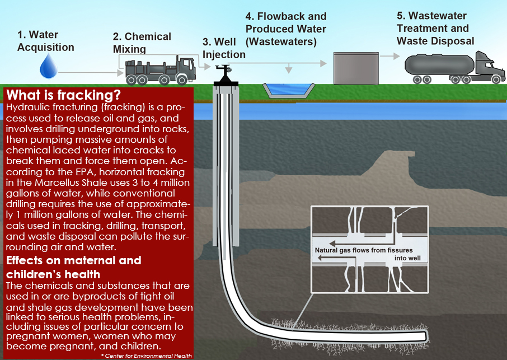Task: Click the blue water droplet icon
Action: click(x=49, y=66)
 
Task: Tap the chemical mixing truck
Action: click(x=161, y=70)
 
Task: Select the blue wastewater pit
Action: click(x=288, y=90)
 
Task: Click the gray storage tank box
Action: click(x=356, y=68)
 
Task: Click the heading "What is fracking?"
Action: click(x=63, y=95)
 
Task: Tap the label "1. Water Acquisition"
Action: click(x=45, y=41)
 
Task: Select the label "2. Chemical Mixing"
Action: click(x=142, y=43)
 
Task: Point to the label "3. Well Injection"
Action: click(x=224, y=48)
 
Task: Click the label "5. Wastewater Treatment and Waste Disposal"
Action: click(x=435, y=29)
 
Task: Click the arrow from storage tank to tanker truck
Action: click(x=390, y=56)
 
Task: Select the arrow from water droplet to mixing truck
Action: click(x=91, y=72)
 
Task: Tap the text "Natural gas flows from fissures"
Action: click(x=364, y=250)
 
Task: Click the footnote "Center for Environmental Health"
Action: click(x=148, y=356)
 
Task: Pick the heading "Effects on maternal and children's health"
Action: click(x=74, y=267)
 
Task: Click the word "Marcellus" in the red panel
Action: click(x=57, y=183)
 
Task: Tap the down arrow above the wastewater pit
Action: click(x=289, y=68)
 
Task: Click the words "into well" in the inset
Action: click(x=407, y=258)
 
